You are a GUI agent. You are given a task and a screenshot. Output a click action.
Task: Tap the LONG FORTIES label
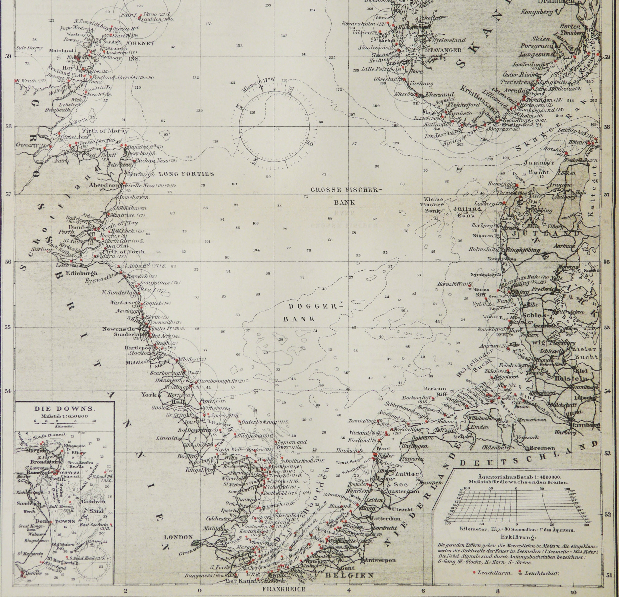tap(186, 174)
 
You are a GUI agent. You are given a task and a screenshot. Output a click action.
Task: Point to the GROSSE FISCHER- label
tap(346, 190)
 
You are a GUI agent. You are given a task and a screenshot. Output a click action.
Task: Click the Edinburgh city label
tap(81, 273)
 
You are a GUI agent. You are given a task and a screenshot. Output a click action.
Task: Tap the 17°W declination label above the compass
tap(269, 80)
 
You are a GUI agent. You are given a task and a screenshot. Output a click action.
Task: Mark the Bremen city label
tap(542, 448)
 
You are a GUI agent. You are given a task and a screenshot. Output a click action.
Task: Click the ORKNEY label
tap(142, 43)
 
